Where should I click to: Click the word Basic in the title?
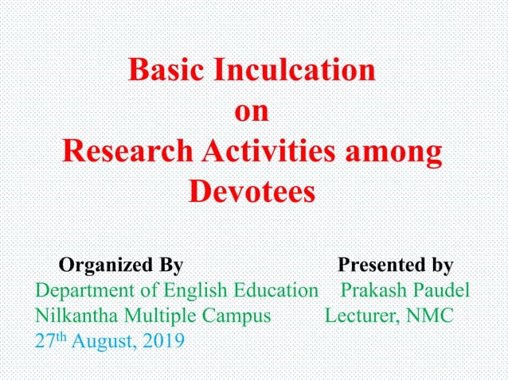point(166,71)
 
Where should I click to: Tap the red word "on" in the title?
point(252,111)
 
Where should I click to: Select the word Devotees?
point(252,192)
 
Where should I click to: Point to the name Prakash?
point(373,289)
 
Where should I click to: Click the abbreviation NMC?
point(429,315)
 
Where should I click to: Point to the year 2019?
point(164,341)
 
